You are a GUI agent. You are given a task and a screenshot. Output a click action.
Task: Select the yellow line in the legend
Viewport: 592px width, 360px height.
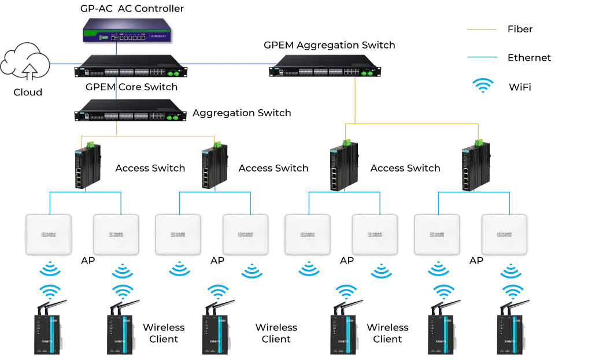pyautogui.click(x=480, y=30)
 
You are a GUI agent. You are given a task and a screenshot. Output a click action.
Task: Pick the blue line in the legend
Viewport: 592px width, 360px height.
pyautogui.click(x=483, y=58)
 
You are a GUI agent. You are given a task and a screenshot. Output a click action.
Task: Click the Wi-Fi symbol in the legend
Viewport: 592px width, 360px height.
pyautogui.click(x=483, y=86)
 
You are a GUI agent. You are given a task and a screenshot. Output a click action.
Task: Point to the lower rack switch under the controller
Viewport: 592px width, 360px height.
pyautogui.click(x=131, y=111)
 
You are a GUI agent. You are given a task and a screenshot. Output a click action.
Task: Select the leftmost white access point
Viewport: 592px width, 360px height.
pyautogui.click(x=49, y=235)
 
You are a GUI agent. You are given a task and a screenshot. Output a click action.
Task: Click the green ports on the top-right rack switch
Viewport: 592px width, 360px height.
pyautogui.click(x=365, y=73)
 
